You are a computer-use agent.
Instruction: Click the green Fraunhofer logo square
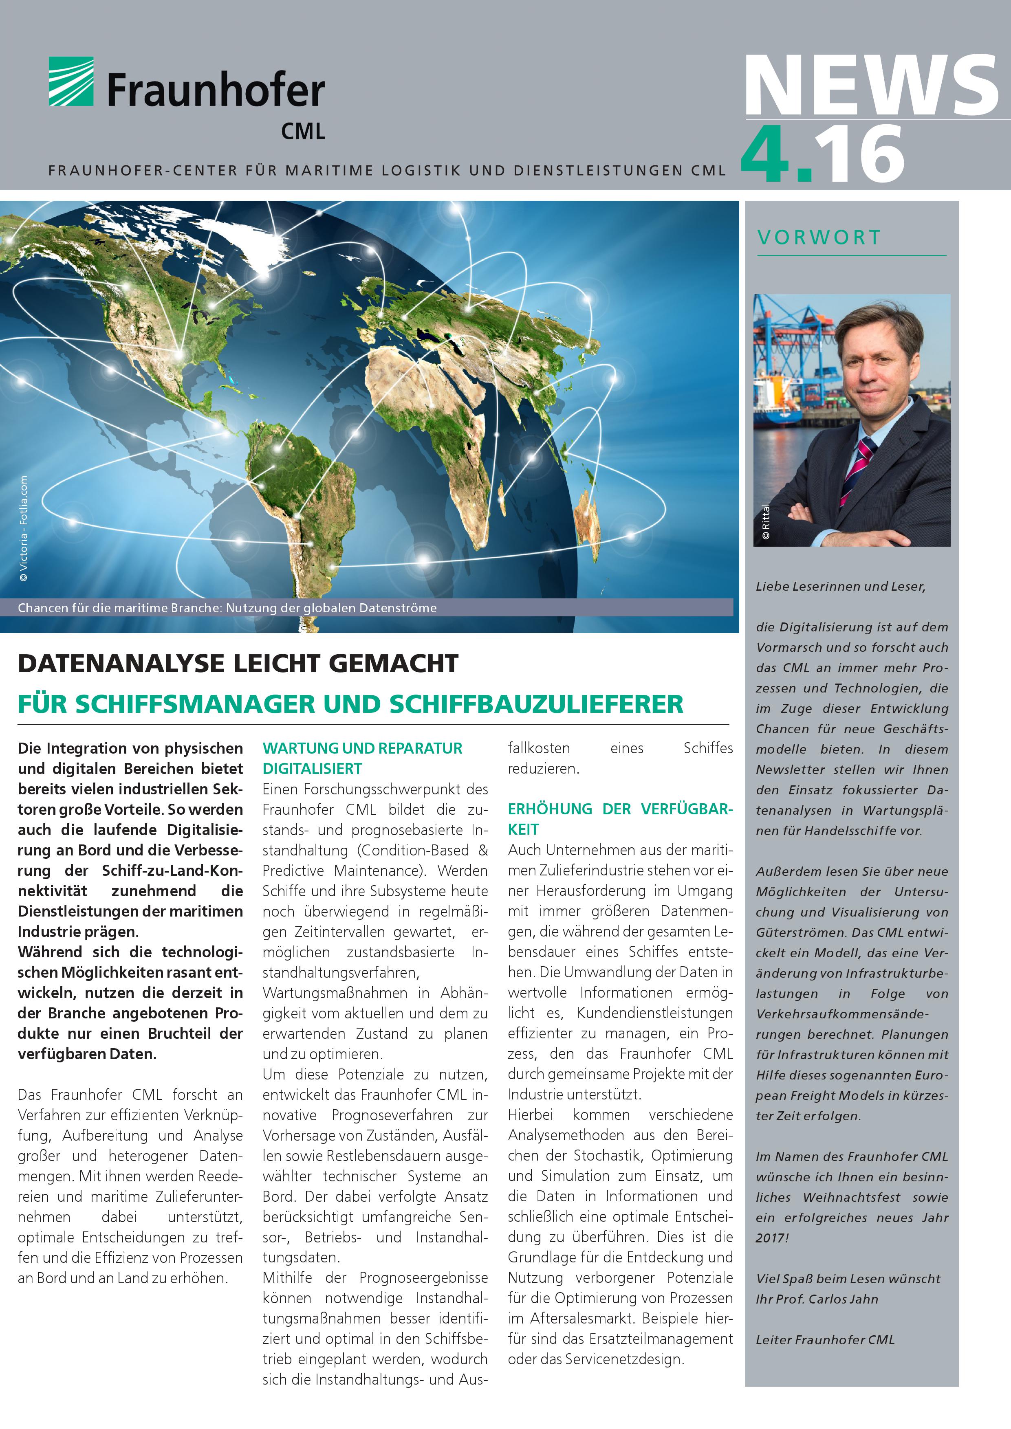coord(71,81)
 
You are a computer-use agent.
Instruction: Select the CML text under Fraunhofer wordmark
coord(302,131)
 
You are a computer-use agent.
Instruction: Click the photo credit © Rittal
coord(766,521)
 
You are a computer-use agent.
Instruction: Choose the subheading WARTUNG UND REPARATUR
coord(362,748)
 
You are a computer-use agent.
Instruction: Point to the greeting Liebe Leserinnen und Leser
coord(840,586)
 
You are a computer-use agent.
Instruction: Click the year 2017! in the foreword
coord(772,1238)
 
